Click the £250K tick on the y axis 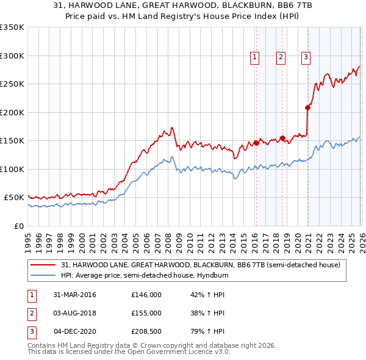[12, 84]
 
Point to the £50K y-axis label [14, 198]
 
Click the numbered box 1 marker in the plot [254, 57]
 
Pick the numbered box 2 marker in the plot [281, 57]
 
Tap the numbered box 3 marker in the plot [306, 57]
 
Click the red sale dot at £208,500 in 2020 [308, 108]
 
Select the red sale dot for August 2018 [282, 138]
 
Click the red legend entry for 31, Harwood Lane [204, 265]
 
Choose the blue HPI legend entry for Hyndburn [168, 275]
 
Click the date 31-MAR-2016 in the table [74, 295]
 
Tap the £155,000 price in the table [146, 313]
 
